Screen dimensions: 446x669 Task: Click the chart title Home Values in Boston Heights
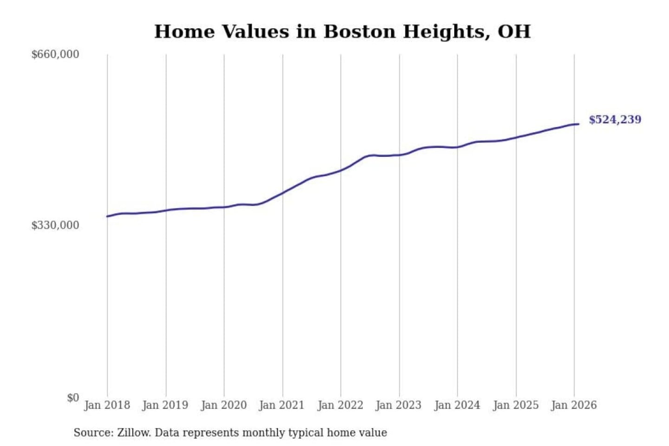[x=342, y=32]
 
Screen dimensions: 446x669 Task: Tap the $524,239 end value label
[x=615, y=119]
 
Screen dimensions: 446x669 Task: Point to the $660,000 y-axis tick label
[x=55, y=54]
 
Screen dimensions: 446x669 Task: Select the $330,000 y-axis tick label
[x=55, y=225]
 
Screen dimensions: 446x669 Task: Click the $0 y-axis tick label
[x=72, y=398]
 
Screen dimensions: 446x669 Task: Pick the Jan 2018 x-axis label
[x=107, y=405]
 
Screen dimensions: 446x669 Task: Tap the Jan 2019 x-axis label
[x=165, y=405]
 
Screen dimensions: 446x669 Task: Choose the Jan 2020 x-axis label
[x=223, y=405]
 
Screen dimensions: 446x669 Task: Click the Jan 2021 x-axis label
[x=282, y=405]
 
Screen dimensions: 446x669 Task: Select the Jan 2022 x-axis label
[x=340, y=405]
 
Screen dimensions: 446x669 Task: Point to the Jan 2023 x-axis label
[x=398, y=405]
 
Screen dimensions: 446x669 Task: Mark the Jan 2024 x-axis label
[x=457, y=405]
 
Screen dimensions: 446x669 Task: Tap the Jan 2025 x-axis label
[x=515, y=405]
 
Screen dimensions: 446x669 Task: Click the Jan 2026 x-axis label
[x=573, y=405]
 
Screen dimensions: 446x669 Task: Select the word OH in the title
[x=514, y=32]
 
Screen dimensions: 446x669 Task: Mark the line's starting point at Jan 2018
[x=107, y=216]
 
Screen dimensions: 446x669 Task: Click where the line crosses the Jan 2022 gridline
[x=341, y=171]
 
